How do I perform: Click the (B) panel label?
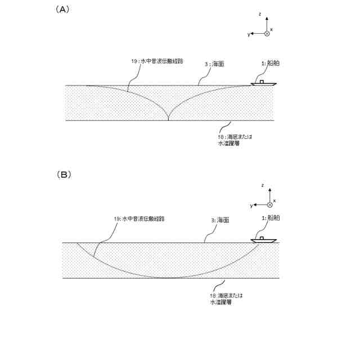click(64, 174)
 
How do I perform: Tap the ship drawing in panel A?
click(263, 83)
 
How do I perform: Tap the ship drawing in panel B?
click(263, 240)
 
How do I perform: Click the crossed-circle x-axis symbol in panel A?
click(267, 34)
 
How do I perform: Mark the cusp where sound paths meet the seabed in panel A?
click(169, 120)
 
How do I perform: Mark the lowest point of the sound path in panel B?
click(169, 278)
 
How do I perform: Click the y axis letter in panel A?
click(248, 34)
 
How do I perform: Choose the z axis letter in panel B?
click(263, 185)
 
